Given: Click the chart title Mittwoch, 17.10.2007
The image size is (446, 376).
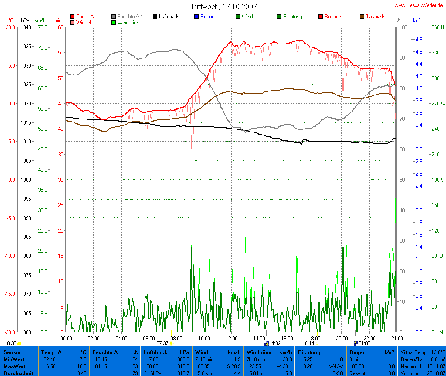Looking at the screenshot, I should pos(224,7).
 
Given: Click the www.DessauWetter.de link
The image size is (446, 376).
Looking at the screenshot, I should pos(419,5).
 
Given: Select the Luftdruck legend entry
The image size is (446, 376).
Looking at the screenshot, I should pos(169,17).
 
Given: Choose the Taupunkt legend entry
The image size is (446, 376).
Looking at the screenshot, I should pos(377,17).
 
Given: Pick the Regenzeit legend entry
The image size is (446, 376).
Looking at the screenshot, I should pos(335,17).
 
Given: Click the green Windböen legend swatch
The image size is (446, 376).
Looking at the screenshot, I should pos(114,22).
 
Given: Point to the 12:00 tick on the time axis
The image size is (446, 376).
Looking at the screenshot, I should pos(231,338).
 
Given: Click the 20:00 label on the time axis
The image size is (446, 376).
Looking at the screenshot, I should pos(341,338).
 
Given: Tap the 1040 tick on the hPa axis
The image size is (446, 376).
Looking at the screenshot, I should pos(26,27).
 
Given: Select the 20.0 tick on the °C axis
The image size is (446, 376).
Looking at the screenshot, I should pos(10,27).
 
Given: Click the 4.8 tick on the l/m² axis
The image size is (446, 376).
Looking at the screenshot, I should pos(419,39).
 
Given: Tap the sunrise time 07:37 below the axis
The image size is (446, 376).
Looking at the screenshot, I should pos(162,343).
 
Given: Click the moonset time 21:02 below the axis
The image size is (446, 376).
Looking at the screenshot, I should pos(364,343).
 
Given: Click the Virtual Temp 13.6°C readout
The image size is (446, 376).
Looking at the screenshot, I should pos(422,352).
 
